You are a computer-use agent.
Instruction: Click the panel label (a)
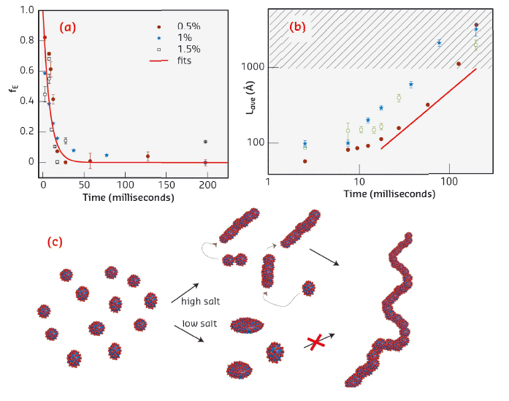point(69,28)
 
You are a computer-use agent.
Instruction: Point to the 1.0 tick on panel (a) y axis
point(27,10)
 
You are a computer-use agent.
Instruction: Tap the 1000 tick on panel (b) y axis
point(253,67)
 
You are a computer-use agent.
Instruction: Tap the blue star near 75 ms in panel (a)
point(107,156)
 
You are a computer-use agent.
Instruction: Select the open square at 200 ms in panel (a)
point(205,142)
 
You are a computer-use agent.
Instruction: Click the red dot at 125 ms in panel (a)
point(148,156)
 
